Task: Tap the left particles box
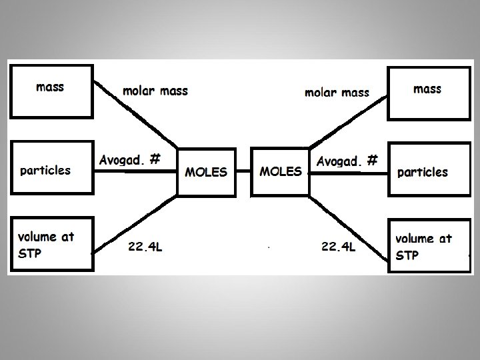[51, 169]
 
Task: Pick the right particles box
[427, 171]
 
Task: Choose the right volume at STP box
[427, 246]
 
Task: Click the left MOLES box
[205, 172]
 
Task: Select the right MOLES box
[281, 171]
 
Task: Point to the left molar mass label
[155, 91]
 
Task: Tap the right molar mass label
[336, 93]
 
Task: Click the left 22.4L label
[145, 248]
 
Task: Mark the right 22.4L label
[338, 247]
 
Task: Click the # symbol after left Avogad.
[155, 159]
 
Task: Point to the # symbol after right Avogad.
[373, 161]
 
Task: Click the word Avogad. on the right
[339, 161]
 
